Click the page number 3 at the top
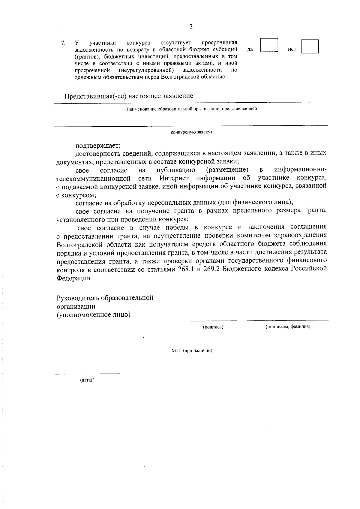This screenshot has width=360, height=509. [x=191, y=27]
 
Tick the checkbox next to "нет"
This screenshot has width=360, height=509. [x=310, y=47]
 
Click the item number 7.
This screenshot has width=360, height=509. [x=63, y=43]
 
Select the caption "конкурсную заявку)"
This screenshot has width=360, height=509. [x=191, y=132]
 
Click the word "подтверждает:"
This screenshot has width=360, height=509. [x=98, y=146]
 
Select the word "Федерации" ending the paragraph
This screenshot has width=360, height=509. [x=73, y=278]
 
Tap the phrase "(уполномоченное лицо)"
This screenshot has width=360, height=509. [x=94, y=315]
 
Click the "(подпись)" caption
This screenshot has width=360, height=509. [x=213, y=327]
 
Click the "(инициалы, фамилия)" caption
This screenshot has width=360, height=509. [x=287, y=327]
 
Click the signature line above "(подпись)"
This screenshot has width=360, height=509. [x=213, y=321]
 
